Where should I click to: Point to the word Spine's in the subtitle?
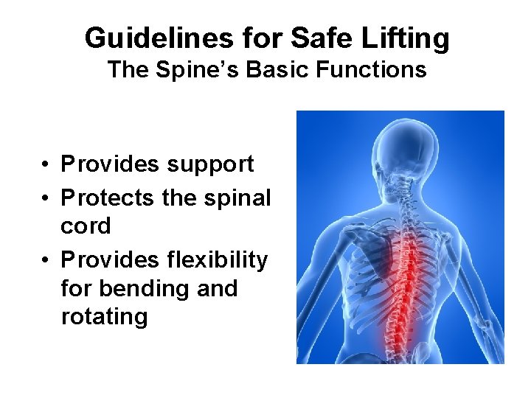(191, 70)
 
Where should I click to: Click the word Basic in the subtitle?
(277, 70)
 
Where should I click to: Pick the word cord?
(86, 226)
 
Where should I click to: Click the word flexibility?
(217, 260)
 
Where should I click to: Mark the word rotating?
(104, 317)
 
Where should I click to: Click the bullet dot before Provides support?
(46, 164)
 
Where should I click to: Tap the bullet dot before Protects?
(46, 198)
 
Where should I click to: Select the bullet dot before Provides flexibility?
(46, 260)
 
